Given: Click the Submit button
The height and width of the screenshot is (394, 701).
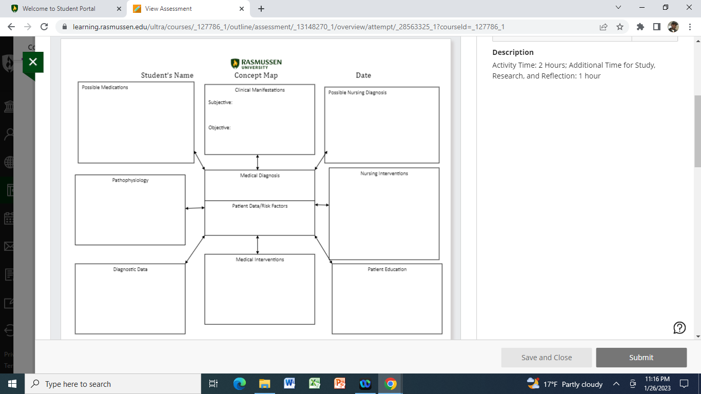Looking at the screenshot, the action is (641, 358).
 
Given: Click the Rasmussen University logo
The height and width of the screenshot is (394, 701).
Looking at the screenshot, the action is (256, 64).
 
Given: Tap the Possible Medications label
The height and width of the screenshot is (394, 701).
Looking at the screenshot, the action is (105, 87).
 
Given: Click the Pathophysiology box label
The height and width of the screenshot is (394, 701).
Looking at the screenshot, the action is (130, 180).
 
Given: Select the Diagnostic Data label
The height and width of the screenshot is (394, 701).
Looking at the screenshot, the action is (130, 269).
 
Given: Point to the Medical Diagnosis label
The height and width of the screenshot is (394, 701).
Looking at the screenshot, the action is (260, 175).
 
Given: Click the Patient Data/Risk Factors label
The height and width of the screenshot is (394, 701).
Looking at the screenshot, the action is (260, 206).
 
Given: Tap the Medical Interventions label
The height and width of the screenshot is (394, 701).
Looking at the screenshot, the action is (260, 260).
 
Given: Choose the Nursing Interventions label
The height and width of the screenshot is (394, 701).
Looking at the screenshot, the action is (384, 173).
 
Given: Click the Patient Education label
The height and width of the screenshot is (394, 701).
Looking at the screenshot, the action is (387, 269).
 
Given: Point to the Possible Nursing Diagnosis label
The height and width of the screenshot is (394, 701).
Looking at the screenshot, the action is (357, 93).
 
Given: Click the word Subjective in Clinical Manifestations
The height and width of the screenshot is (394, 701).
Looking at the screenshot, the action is (220, 102).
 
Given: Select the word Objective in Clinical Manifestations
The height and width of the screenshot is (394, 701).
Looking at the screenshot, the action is (219, 128).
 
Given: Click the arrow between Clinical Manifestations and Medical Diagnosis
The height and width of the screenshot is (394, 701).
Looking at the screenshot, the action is (258, 162).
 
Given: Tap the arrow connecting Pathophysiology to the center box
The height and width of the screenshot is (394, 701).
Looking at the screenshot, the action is (195, 208).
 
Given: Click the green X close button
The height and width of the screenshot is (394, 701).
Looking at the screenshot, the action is (33, 62).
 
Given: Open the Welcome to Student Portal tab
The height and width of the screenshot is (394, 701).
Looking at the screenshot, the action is (59, 9).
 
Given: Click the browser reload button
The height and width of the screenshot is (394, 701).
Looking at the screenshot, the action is (44, 27).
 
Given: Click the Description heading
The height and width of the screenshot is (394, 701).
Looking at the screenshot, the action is (513, 52).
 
